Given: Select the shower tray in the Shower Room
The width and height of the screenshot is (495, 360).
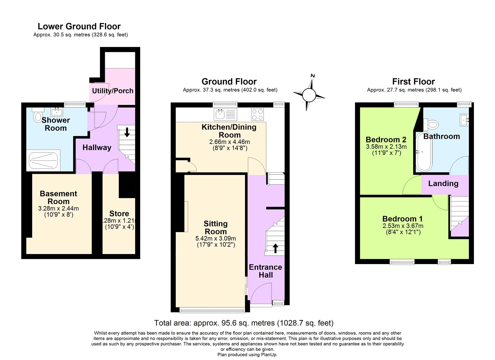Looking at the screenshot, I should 43,160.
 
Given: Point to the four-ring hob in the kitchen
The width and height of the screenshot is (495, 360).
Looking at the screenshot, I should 257,114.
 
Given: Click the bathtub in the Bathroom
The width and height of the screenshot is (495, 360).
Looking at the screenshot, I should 424,152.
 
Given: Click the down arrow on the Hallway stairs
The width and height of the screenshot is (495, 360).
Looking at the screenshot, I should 127,132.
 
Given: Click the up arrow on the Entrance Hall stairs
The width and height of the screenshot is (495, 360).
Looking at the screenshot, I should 275,248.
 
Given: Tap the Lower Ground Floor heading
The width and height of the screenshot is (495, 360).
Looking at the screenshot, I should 79,26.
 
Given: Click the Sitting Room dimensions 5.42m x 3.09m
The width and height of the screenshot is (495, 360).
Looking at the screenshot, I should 216,238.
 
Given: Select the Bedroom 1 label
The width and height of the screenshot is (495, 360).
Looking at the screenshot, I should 402,219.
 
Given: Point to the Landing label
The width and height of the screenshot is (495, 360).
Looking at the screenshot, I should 443,184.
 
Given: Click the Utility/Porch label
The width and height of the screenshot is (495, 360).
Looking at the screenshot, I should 113,91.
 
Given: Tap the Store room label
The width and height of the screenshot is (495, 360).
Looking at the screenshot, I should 119,214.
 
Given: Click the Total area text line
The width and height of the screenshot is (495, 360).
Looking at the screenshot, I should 244,323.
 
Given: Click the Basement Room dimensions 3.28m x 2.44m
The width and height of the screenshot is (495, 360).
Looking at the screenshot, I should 58,208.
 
